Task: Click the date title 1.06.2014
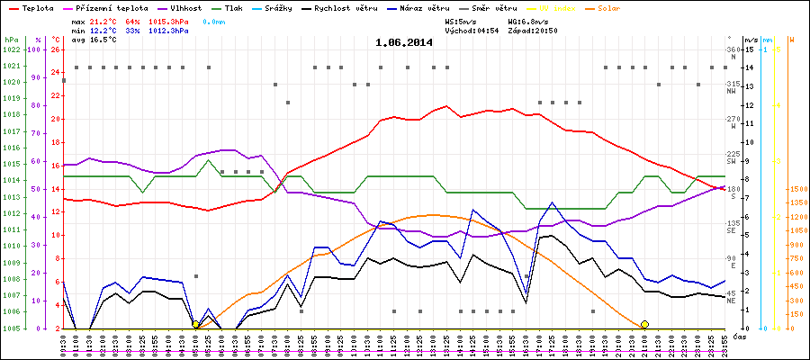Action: tap(403, 41)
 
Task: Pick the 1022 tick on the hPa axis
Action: tap(11, 49)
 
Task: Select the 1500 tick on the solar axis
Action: tap(796, 189)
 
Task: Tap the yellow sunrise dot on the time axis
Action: tap(196, 324)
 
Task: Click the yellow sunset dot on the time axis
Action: tap(644, 324)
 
